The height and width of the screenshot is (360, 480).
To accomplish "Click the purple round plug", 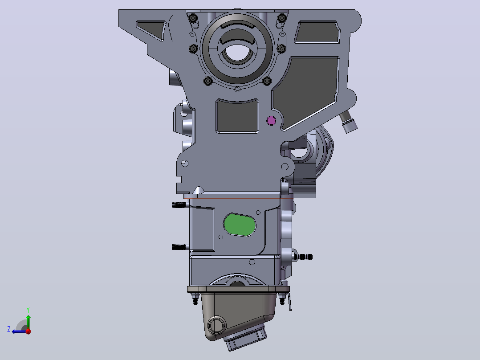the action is (x=271, y=121).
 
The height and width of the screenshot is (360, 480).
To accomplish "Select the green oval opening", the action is (x=240, y=225).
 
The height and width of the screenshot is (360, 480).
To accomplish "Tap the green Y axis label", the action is (x=28, y=310).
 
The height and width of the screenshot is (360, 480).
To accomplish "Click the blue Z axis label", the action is (x=9, y=329).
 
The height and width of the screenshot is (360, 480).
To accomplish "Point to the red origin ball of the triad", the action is (x=28, y=331).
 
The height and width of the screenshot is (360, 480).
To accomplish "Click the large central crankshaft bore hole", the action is (x=236, y=53).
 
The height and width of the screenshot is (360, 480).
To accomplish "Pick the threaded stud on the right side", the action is (x=304, y=257).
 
